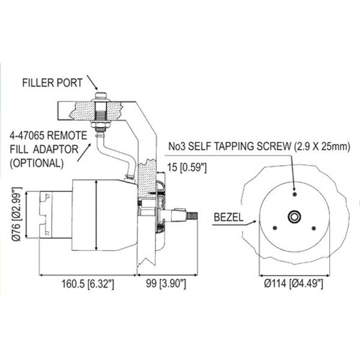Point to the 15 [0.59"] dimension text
(188, 167)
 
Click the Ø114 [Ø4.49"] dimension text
(295, 282)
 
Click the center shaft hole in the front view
(295, 216)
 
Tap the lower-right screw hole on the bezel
(314, 227)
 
